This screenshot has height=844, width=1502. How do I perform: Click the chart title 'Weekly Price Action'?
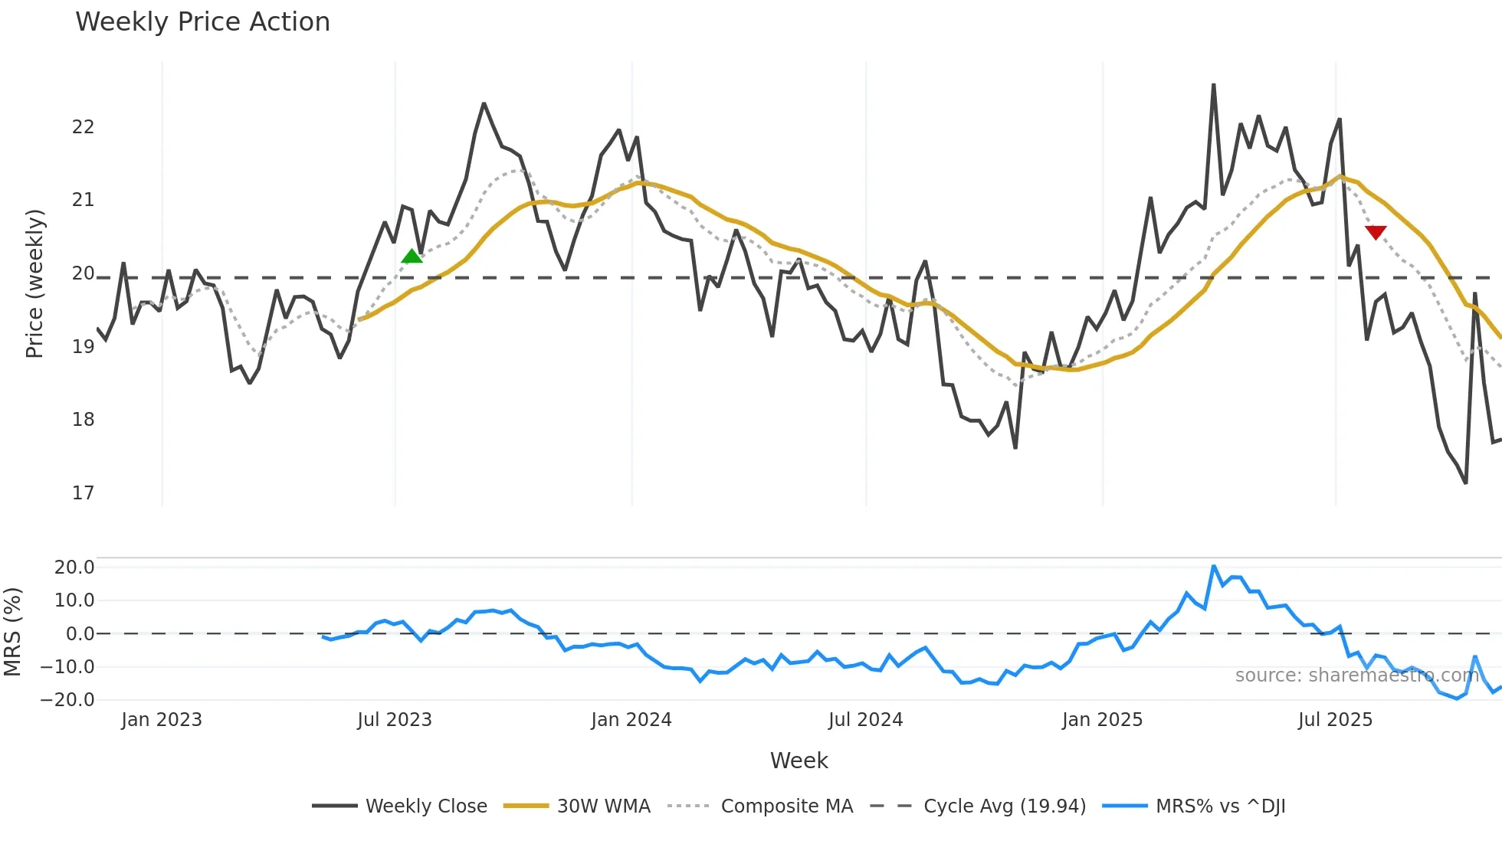click(202, 22)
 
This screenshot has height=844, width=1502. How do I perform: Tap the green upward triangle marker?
click(412, 257)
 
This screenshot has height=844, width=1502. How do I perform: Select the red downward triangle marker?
click(1376, 232)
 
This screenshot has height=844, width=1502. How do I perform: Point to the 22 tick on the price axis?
click(83, 127)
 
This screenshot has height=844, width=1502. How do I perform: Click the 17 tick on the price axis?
click(83, 493)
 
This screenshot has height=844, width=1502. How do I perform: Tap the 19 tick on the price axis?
click(83, 347)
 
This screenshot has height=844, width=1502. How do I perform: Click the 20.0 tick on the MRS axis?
click(74, 568)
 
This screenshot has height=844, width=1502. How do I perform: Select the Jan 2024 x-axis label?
click(631, 720)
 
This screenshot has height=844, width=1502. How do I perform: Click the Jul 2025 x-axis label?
click(1335, 720)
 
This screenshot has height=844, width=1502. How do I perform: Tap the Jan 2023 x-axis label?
click(162, 720)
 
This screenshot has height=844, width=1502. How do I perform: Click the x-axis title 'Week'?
click(799, 761)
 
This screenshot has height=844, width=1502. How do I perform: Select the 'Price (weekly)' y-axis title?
click(34, 283)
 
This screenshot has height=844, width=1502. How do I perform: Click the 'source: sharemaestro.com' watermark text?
click(1356, 676)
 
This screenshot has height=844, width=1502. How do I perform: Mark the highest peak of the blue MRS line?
click(1214, 566)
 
